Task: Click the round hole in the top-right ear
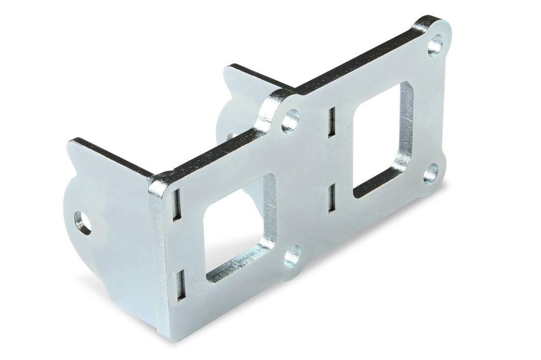tap(435, 45)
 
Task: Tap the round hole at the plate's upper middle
tap(290, 121)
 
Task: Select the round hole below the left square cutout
tap(292, 256)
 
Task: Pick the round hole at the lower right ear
tap(431, 173)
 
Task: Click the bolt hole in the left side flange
tap(83, 223)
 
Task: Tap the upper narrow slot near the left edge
tap(176, 204)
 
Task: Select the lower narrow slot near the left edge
tap(180, 285)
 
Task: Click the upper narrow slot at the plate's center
tap(331, 122)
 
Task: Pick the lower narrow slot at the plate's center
tap(331, 198)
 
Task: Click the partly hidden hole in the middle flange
tap(231, 136)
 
